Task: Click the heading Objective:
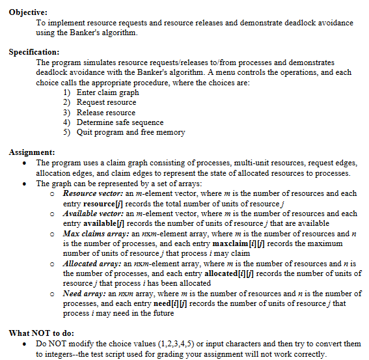click(x=28, y=12)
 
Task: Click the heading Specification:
click(x=34, y=52)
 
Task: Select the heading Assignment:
click(x=32, y=152)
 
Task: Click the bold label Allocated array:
click(x=92, y=263)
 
